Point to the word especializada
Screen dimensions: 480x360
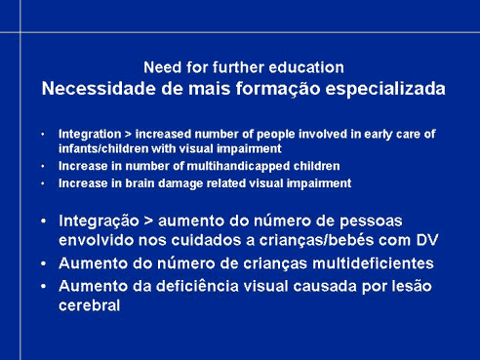tap(385, 89)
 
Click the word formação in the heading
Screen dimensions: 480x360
tap(278, 89)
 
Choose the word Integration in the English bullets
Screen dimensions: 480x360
tap(90, 135)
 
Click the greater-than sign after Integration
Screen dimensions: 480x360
tap(128, 135)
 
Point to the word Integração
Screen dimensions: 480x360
tap(99, 221)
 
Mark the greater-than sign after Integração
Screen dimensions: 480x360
tap(148, 221)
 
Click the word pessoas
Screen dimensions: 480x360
tap(371, 221)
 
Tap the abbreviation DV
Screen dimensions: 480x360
tap(427, 240)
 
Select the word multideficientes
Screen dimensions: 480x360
tap(373, 263)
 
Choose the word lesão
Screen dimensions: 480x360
tap(412, 286)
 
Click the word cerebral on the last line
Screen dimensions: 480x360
tap(90, 305)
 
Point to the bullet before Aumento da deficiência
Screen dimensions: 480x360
tap(43, 287)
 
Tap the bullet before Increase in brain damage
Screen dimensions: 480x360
tap(43, 183)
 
